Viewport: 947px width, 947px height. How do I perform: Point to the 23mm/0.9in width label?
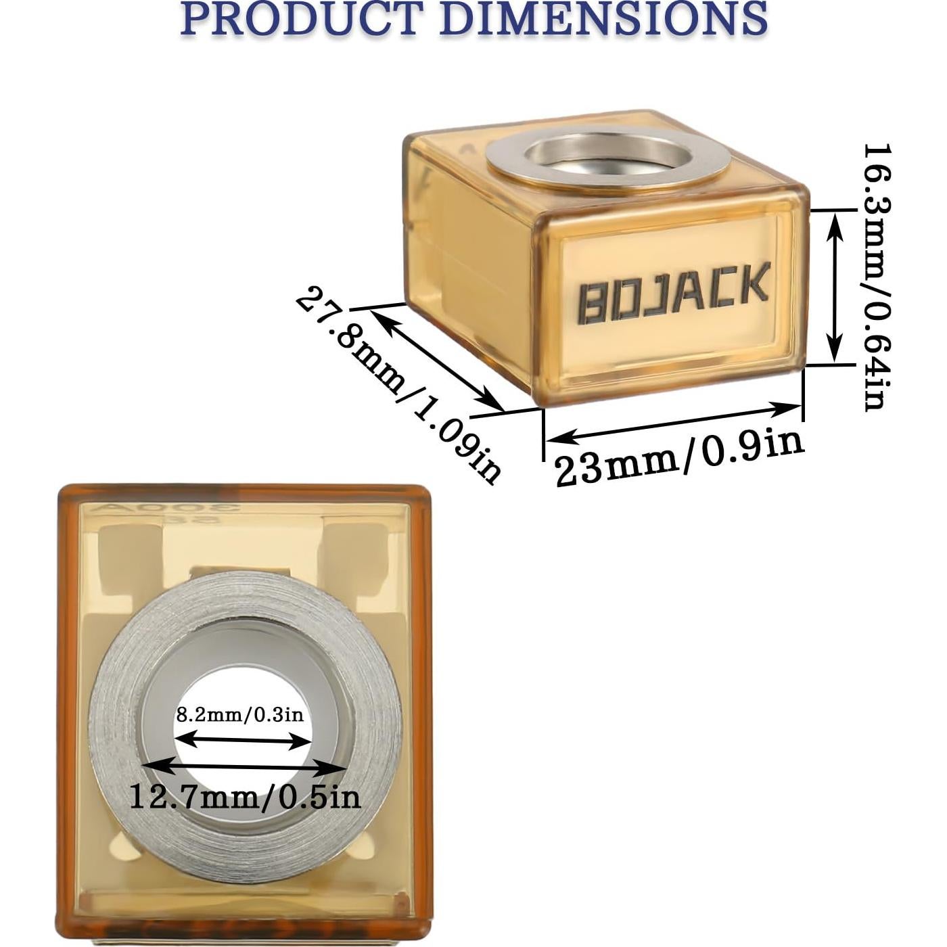tap(679, 459)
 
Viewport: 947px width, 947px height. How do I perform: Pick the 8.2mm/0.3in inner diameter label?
tap(240, 714)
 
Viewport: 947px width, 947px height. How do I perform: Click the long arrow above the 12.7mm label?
tap(245, 767)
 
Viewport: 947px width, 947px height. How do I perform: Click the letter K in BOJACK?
tap(754, 283)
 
